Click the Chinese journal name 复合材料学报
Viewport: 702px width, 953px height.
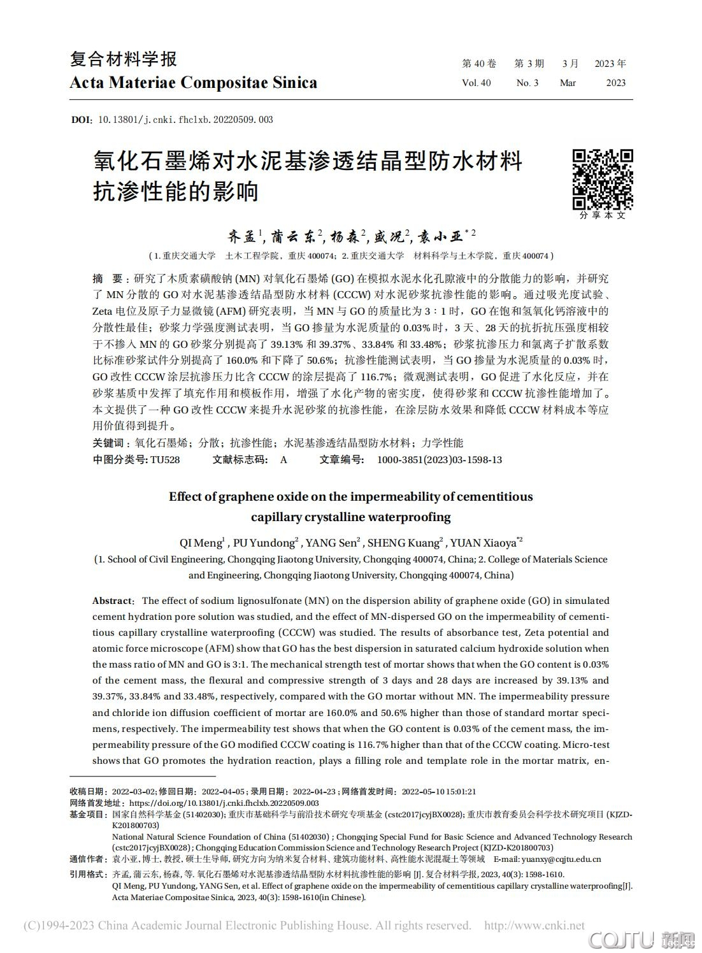pyautogui.click(x=124, y=59)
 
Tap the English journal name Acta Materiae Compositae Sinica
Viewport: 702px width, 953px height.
pyautogui.click(x=193, y=83)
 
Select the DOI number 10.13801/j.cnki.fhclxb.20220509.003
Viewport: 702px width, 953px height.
pyautogui.click(x=185, y=119)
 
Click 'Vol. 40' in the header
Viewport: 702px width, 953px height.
pyautogui.click(x=476, y=83)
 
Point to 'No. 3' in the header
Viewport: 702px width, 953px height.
pyautogui.click(x=527, y=83)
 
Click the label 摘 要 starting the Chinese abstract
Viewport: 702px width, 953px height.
pyautogui.click(x=108, y=279)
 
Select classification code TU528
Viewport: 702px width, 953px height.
pyautogui.click(x=165, y=459)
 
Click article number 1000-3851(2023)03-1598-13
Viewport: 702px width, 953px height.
pyautogui.click(x=440, y=459)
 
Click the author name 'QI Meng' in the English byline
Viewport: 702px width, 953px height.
pyautogui.click(x=201, y=543)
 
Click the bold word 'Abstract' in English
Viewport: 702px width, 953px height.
pyautogui.click(x=112, y=601)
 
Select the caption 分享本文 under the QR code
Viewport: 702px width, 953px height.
pyautogui.click(x=602, y=215)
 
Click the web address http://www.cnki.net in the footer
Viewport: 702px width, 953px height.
pyautogui.click(x=534, y=925)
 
